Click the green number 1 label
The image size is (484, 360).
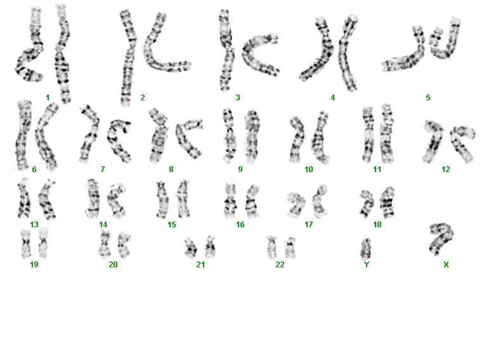[x=48, y=98]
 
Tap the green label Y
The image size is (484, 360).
[x=367, y=265]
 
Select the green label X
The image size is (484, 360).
[x=446, y=265]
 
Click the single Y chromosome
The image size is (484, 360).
[x=366, y=249]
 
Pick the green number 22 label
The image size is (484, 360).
[x=280, y=265]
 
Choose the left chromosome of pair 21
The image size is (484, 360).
[x=190, y=248]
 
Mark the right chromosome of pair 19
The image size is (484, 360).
[x=44, y=243]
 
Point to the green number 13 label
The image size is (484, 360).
[x=34, y=224]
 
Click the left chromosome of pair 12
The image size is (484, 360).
[x=434, y=142]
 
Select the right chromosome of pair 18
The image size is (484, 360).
[x=388, y=203]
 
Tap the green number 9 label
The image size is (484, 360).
[x=240, y=170]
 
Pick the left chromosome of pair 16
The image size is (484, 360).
[x=230, y=201]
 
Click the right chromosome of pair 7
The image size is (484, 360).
[x=119, y=140]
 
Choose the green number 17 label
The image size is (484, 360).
[x=309, y=224]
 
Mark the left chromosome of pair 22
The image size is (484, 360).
[x=271, y=247]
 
